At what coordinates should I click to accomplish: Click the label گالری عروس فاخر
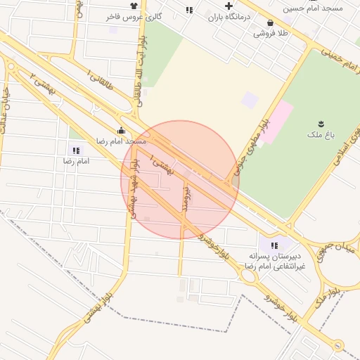pyautogui.click(x=139, y=15)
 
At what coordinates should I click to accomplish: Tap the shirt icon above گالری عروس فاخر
pyautogui.click(x=134, y=6)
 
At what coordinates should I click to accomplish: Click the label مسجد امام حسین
pyautogui.click(x=312, y=8)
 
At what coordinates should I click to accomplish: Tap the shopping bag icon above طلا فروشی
pyautogui.click(x=271, y=22)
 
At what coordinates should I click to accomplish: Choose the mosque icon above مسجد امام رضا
pyautogui.click(x=122, y=130)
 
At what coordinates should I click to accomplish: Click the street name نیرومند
pyautogui.click(x=186, y=199)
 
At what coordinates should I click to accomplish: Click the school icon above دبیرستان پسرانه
pyautogui.click(x=274, y=245)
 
